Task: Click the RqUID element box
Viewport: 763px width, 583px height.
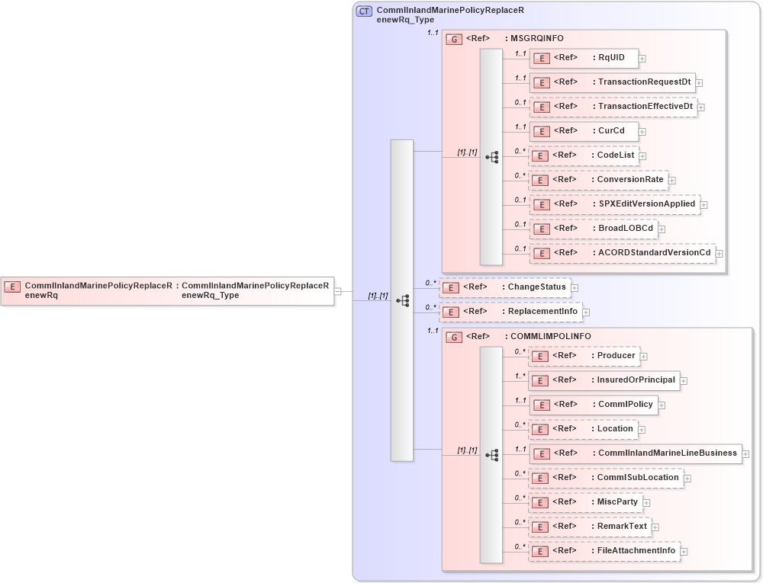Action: [584, 58]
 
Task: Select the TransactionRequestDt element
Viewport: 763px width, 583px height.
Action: [611, 82]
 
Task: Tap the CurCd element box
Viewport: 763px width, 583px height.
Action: [584, 131]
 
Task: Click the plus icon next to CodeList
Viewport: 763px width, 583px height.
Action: [642, 155]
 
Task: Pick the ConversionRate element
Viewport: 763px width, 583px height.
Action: [598, 180]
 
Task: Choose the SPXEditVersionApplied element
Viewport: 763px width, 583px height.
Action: [614, 204]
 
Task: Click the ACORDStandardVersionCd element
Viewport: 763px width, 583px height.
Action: [622, 253]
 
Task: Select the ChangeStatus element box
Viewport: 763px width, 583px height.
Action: [505, 287]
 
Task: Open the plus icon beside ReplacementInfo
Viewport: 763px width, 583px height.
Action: [586, 312]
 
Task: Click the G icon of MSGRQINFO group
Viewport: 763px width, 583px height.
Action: [454, 39]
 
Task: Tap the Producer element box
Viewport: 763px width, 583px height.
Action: [584, 356]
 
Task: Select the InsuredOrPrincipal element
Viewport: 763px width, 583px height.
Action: [604, 380]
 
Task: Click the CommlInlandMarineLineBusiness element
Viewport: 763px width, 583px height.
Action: [635, 453]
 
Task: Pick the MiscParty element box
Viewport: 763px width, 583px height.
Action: [585, 502]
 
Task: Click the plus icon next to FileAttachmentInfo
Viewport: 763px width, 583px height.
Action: [684, 551]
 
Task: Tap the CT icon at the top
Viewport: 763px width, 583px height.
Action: [365, 11]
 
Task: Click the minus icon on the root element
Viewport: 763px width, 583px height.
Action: [337, 290]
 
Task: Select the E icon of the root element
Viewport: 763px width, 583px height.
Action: [12, 287]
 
